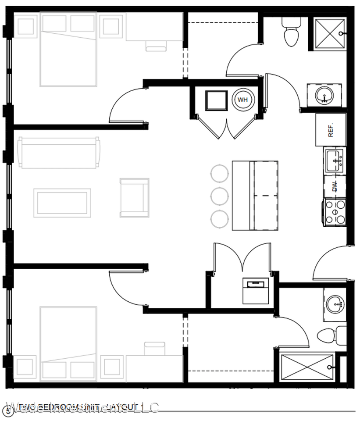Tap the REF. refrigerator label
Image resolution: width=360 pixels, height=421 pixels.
point(331,130)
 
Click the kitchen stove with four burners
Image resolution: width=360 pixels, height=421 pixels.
point(335,212)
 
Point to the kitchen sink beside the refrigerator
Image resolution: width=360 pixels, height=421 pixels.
point(335,161)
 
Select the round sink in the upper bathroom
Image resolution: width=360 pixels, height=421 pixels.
point(325,93)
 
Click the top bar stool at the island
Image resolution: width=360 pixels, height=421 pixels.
point(219,172)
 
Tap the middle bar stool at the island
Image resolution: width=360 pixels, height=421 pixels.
point(219,196)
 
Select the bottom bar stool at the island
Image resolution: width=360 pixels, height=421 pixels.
point(219,219)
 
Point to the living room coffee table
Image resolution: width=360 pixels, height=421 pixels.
point(62,203)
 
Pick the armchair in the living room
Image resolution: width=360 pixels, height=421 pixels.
point(135,197)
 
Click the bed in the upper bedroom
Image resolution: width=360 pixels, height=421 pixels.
point(68,49)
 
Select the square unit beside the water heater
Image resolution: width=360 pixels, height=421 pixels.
point(216,100)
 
